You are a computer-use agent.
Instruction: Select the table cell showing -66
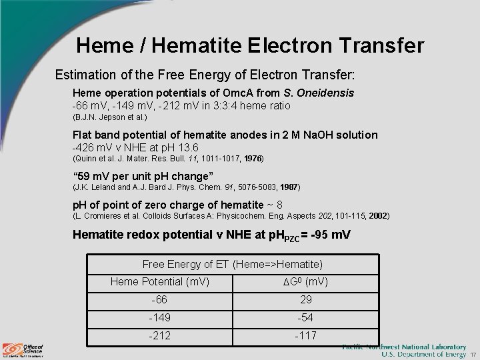pos(159,300)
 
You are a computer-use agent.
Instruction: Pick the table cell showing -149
pos(159,318)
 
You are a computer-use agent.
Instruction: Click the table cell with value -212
pos(159,335)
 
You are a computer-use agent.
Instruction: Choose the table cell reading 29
pos(306,300)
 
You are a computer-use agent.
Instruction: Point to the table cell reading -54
pos(306,318)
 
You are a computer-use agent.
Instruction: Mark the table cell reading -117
pos(306,335)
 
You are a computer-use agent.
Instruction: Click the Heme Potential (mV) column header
pos(160,282)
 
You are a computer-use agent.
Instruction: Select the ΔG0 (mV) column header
pos(306,282)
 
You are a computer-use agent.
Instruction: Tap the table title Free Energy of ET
pos(233,265)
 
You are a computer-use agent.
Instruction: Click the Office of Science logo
pos(23,349)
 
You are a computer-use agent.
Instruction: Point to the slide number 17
pos(473,354)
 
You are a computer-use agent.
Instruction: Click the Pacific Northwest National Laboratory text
pos(404,347)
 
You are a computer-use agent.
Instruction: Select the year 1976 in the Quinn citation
pos(253,159)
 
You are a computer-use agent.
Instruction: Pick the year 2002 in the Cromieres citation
pos(378,216)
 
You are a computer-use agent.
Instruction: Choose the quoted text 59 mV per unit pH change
pos(143,176)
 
